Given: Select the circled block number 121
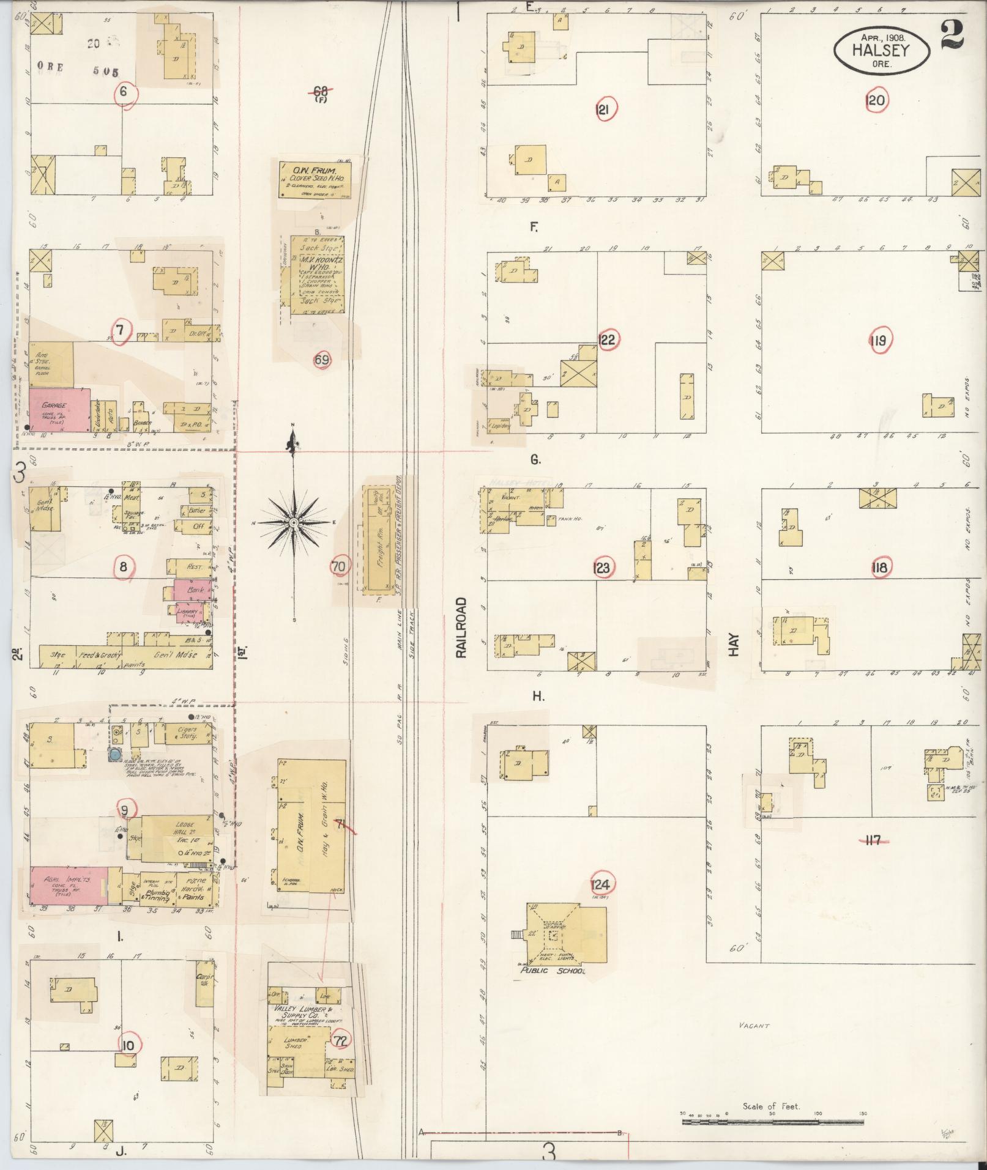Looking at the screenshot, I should tap(605, 109).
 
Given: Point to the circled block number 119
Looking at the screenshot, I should tap(879, 340).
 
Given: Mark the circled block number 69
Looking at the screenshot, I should tap(322, 360).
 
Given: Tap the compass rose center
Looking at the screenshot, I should tap(294, 524).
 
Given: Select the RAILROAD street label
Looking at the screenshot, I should tap(461, 628).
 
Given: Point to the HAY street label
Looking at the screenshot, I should tap(734, 645).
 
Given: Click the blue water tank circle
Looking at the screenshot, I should tap(114, 755).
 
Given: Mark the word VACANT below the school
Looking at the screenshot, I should tap(753, 1026).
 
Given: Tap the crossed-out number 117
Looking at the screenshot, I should tap(873, 840).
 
